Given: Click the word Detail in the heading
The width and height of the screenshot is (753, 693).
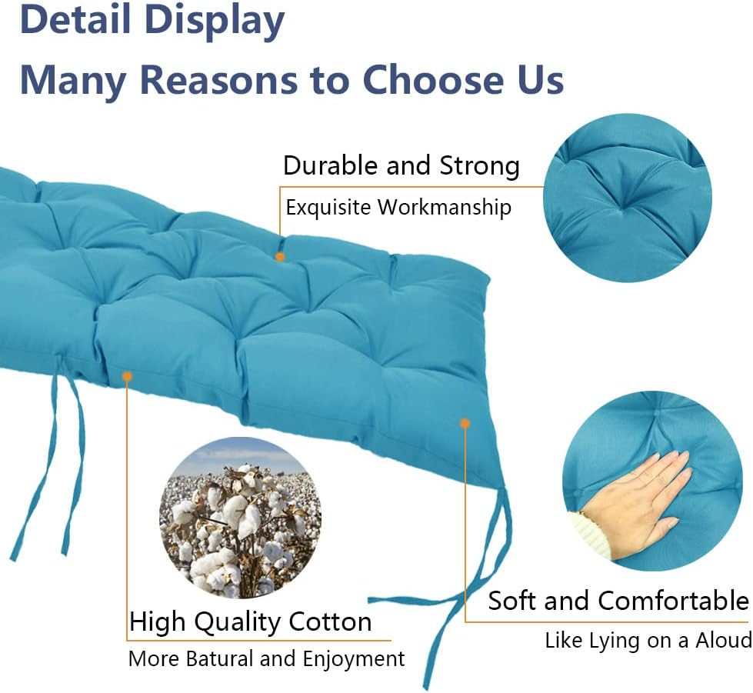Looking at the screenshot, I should pyautogui.click(x=76, y=21).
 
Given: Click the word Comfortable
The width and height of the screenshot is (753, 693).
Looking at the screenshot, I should pyautogui.click(x=673, y=601).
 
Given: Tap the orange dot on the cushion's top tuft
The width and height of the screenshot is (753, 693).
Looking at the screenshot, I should pyautogui.click(x=280, y=256).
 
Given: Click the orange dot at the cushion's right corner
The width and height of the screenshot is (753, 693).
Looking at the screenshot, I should pyautogui.click(x=465, y=422).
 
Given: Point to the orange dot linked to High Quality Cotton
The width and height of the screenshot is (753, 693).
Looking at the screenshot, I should pyautogui.click(x=127, y=376).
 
